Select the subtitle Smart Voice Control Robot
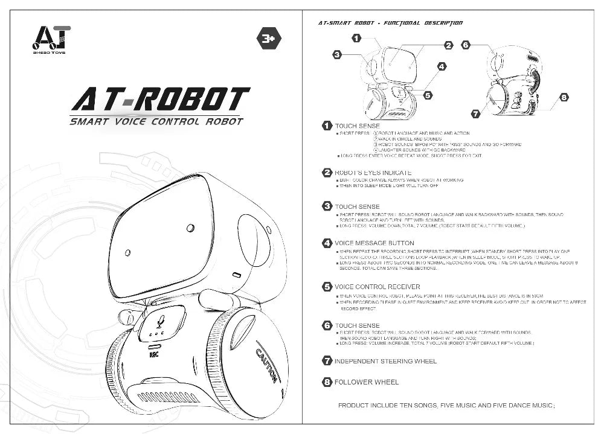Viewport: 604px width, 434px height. pos(156,121)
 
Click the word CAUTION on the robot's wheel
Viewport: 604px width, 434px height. pos(266,365)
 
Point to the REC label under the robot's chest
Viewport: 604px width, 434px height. pos(155,354)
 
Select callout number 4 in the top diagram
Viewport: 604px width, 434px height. pos(442,66)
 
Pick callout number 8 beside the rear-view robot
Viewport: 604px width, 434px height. pos(563,97)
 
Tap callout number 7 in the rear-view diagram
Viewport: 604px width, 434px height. pos(475,113)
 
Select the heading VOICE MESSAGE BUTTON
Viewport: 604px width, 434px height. pos(374,243)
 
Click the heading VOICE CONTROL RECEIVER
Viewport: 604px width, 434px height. pos(377,287)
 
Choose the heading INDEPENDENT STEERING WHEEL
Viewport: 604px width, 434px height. pos(385,362)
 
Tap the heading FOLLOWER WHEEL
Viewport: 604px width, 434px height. pos(367,382)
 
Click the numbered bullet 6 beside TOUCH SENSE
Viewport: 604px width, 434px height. pos(327,325)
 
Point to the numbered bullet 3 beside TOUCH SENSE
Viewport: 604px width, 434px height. pos(327,207)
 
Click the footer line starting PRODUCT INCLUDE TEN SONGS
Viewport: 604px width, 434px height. pos(446,406)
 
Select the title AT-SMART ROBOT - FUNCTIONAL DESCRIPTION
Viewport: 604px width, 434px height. pos(390,23)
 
